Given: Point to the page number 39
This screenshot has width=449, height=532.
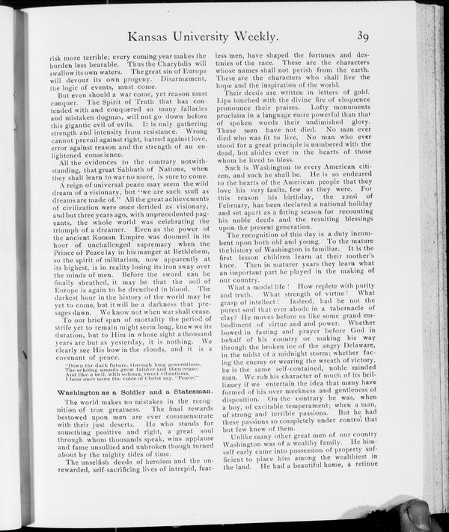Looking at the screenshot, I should [x=364, y=35].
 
